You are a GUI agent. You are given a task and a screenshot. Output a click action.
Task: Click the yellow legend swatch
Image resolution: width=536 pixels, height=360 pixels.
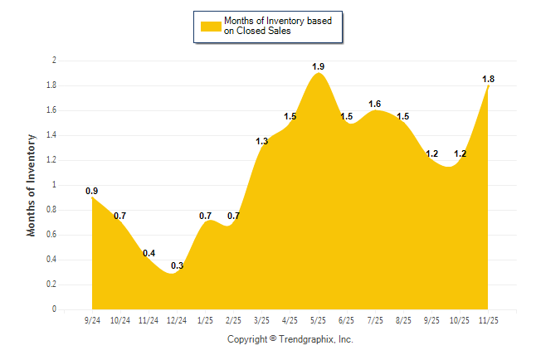tap(210, 26)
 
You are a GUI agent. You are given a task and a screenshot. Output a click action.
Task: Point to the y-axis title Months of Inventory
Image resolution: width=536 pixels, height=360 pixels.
tap(32, 185)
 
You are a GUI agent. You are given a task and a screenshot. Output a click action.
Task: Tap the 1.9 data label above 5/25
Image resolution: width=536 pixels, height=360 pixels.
tap(319, 66)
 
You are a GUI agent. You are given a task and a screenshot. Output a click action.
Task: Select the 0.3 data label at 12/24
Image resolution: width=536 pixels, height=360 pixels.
tap(178, 265)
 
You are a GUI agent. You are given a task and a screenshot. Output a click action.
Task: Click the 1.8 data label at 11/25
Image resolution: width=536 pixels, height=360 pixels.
tap(489, 79)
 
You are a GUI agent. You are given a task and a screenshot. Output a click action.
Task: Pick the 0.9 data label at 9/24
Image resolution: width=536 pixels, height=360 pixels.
tap(92, 191)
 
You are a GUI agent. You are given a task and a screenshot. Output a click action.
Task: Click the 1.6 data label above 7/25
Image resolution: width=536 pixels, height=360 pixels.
tap(375, 104)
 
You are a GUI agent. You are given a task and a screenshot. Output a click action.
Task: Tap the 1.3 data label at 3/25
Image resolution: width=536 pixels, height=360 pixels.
tap(262, 141)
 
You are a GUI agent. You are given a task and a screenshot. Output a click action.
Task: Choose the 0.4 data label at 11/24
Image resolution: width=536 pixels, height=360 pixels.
tap(149, 253)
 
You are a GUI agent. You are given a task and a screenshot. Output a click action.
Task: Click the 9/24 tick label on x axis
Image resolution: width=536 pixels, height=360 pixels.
tap(92, 319)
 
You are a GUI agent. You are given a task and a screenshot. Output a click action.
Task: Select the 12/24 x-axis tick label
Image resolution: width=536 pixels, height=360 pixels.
tap(177, 319)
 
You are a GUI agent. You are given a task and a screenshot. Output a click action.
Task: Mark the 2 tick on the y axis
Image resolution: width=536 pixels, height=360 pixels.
tap(54, 61)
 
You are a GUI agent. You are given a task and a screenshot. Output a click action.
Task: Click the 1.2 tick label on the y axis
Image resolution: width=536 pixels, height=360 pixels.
tap(51, 160)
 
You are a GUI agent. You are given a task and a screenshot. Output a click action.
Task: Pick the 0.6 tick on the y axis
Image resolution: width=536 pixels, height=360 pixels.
tap(51, 235)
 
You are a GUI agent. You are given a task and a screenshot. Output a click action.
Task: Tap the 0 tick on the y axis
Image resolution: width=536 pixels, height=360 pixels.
tap(54, 309)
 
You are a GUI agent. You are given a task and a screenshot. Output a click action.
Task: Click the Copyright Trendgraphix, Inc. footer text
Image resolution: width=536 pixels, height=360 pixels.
tap(290, 339)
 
